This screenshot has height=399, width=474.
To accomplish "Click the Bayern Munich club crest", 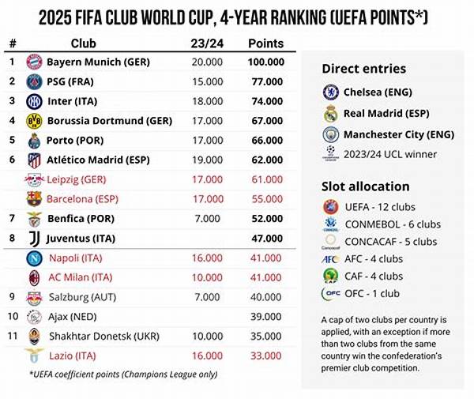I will pyautogui.click(x=34, y=62).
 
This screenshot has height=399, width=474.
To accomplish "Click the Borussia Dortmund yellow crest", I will pyautogui.click(x=34, y=121).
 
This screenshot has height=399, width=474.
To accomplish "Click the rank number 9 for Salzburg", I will pyautogui.click(x=12, y=296).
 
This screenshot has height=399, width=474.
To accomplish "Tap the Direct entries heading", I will pyautogui.click(x=364, y=70).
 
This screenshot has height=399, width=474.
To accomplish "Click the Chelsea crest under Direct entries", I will pyautogui.click(x=330, y=92).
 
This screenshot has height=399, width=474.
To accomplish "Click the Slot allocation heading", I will pyautogui.click(x=366, y=186).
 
